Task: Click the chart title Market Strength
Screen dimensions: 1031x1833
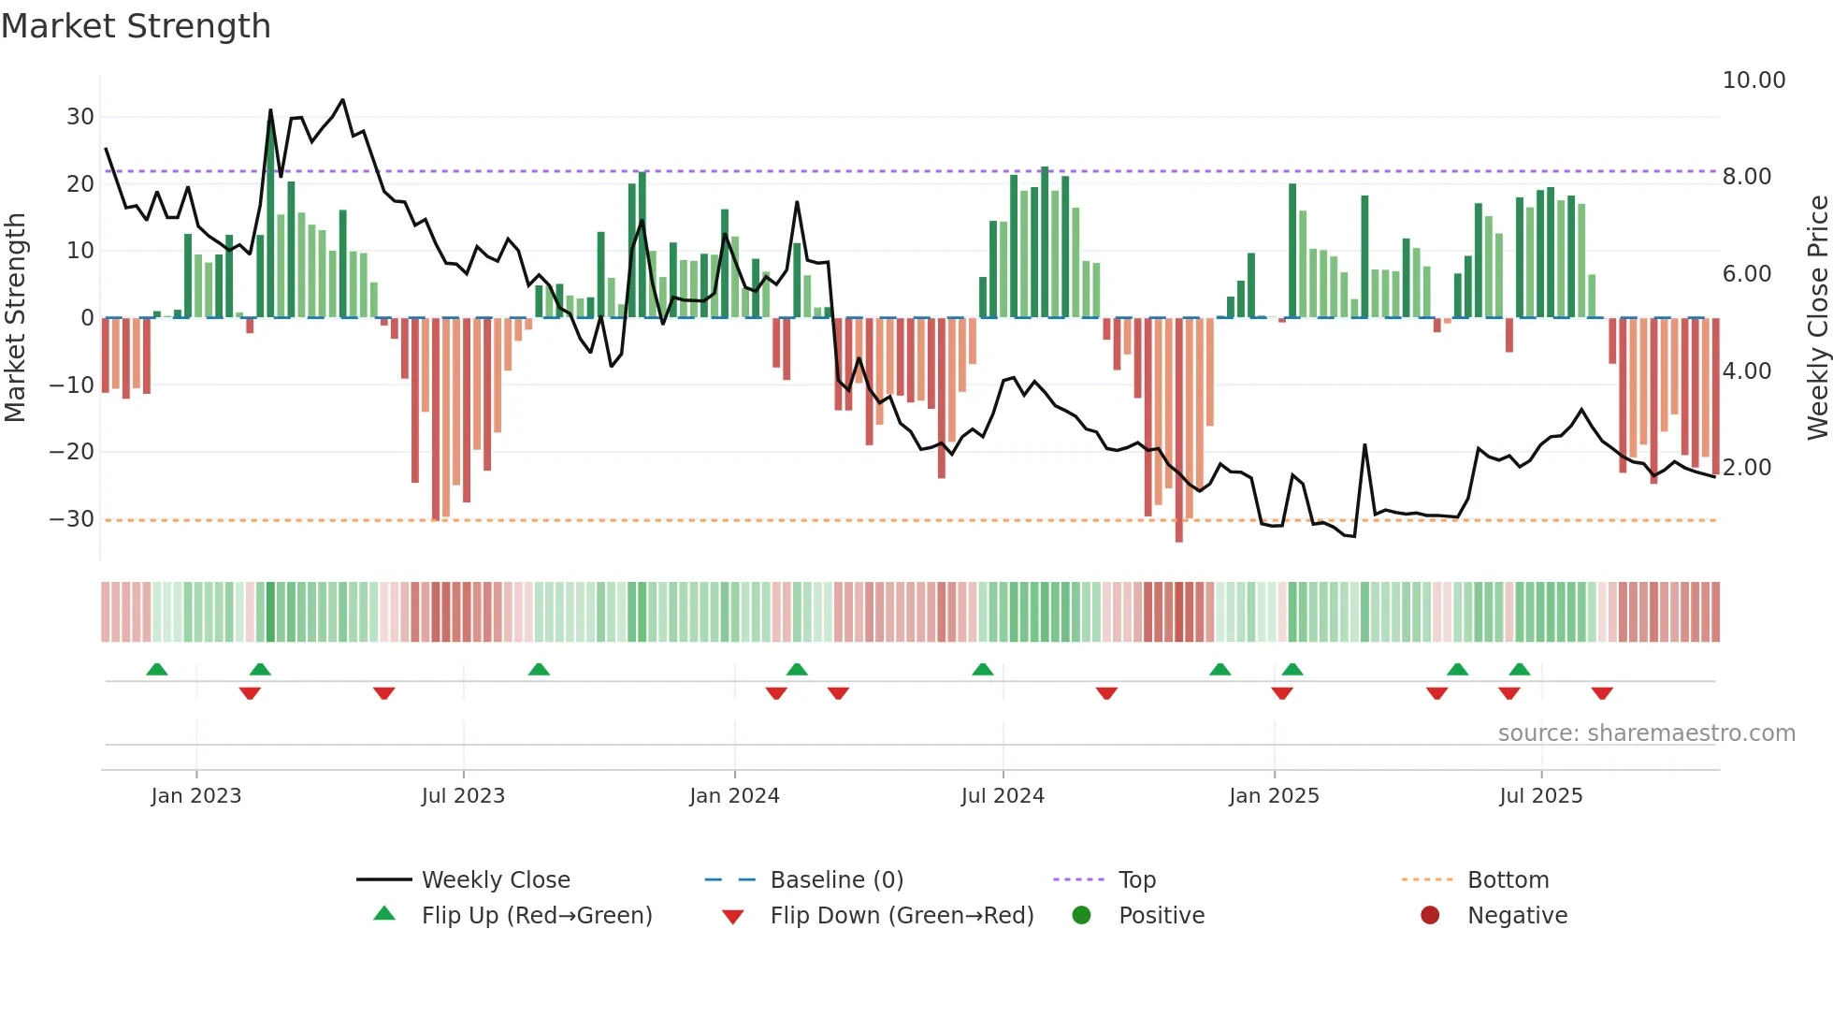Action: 136,26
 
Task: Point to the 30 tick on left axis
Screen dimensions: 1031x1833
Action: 80,117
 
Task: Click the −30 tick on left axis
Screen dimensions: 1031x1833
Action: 72,519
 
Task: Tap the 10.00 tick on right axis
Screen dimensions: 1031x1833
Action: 1754,80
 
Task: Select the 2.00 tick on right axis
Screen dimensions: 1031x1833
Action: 1746,468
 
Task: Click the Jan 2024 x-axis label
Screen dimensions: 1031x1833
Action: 734,796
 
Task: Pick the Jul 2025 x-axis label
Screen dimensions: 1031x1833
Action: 1540,796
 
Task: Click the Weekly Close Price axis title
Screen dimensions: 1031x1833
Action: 1817,317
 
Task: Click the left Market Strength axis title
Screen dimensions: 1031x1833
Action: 15,317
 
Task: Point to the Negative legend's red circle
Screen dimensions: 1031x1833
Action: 1430,915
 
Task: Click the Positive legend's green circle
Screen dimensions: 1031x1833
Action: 1081,915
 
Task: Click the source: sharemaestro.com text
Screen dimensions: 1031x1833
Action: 1646,733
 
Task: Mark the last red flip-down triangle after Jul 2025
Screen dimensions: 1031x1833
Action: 1602,693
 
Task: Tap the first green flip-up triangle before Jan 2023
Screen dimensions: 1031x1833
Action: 157,669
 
